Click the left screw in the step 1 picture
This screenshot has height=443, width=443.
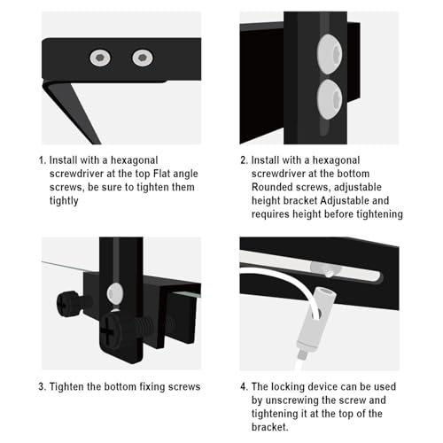click(x=99, y=58)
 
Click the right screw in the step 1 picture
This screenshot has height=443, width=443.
click(x=143, y=58)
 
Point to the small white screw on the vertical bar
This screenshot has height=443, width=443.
click(x=113, y=291)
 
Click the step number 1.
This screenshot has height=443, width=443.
click(x=41, y=160)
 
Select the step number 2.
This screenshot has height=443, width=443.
click(x=243, y=160)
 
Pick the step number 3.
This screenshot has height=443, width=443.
click(x=41, y=385)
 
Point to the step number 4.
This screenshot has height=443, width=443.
click(x=243, y=385)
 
